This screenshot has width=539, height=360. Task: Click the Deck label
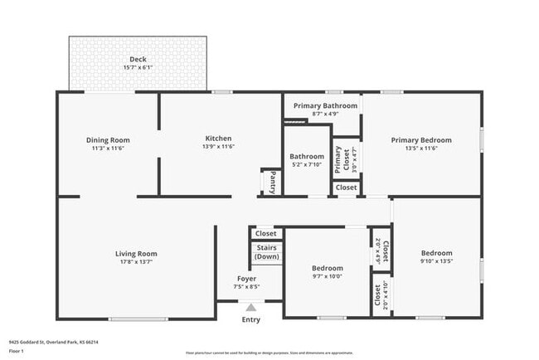[x=137, y=60]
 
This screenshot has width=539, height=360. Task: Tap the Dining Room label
[x=108, y=139]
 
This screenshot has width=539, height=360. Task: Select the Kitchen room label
[x=219, y=138]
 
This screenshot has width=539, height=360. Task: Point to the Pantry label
[x=269, y=181]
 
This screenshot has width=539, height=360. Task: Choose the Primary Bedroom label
[x=421, y=139]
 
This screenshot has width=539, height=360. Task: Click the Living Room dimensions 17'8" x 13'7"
[x=135, y=261]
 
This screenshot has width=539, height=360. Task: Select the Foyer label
[x=247, y=279]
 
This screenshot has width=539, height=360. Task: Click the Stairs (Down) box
[x=266, y=252]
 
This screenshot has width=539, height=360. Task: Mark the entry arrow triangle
[x=250, y=308]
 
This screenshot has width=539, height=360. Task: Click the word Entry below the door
[x=250, y=320]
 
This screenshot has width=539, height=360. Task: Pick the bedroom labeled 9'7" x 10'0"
[x=327, y=272]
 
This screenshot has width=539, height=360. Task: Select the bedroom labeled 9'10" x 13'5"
[x=436, y=257]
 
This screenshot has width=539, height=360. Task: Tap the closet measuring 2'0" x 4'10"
[x=380, y=297]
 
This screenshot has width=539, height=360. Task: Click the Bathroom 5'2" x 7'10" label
[x=306, y=159]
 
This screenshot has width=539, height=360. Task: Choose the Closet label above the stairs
[x=265, y=233]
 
